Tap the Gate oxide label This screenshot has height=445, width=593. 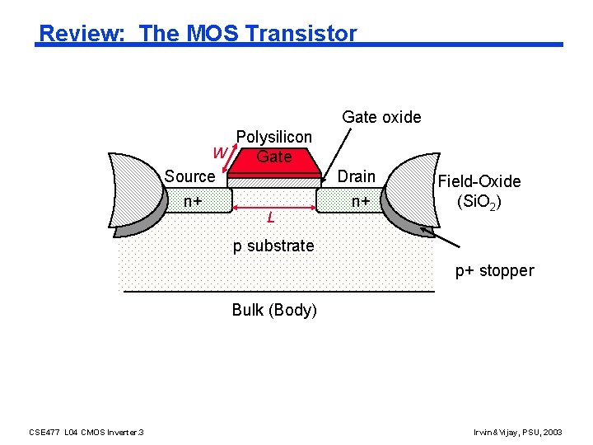click(381, 117)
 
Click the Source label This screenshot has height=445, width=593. click(189, 176)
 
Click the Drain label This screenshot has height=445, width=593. click(357, 176)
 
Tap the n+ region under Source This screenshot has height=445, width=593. click(194, 199)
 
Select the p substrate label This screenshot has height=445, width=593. click(273, 246)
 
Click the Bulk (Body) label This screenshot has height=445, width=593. click(274, 310)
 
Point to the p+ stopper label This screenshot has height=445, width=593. click(494, 270)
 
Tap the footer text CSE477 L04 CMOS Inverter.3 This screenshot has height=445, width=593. click(86, 432)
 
